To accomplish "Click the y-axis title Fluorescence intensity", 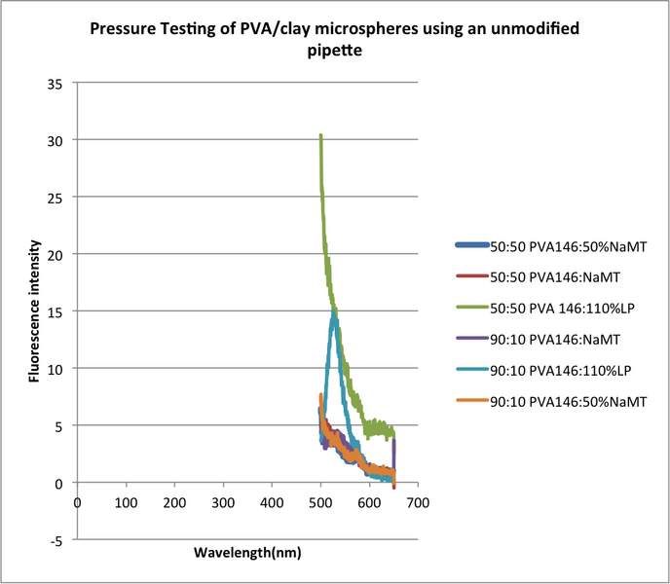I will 34,310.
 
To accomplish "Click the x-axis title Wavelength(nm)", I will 247,552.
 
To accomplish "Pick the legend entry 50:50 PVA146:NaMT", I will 550,276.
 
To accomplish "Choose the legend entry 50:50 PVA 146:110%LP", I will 556,308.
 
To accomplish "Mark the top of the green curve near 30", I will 320,135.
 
